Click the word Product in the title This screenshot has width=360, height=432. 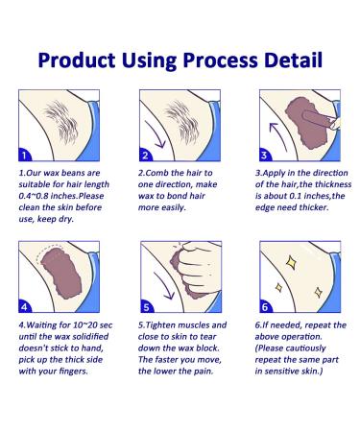tap(77, 60)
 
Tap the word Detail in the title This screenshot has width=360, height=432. tap(293, 60)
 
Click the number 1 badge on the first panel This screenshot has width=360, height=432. tap(25, 155)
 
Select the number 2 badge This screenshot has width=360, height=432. tap(146, 155)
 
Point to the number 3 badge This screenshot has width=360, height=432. tap(265, 155)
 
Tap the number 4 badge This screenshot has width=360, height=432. tap(25, 306)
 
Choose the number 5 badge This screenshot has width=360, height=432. tap(147, 306)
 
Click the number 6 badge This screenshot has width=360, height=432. tap(265, 306)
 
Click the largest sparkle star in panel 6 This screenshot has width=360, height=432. tap(292, 262)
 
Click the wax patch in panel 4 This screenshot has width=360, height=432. tap(61, 274)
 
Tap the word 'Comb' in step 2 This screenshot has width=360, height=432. tap(156, 173)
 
